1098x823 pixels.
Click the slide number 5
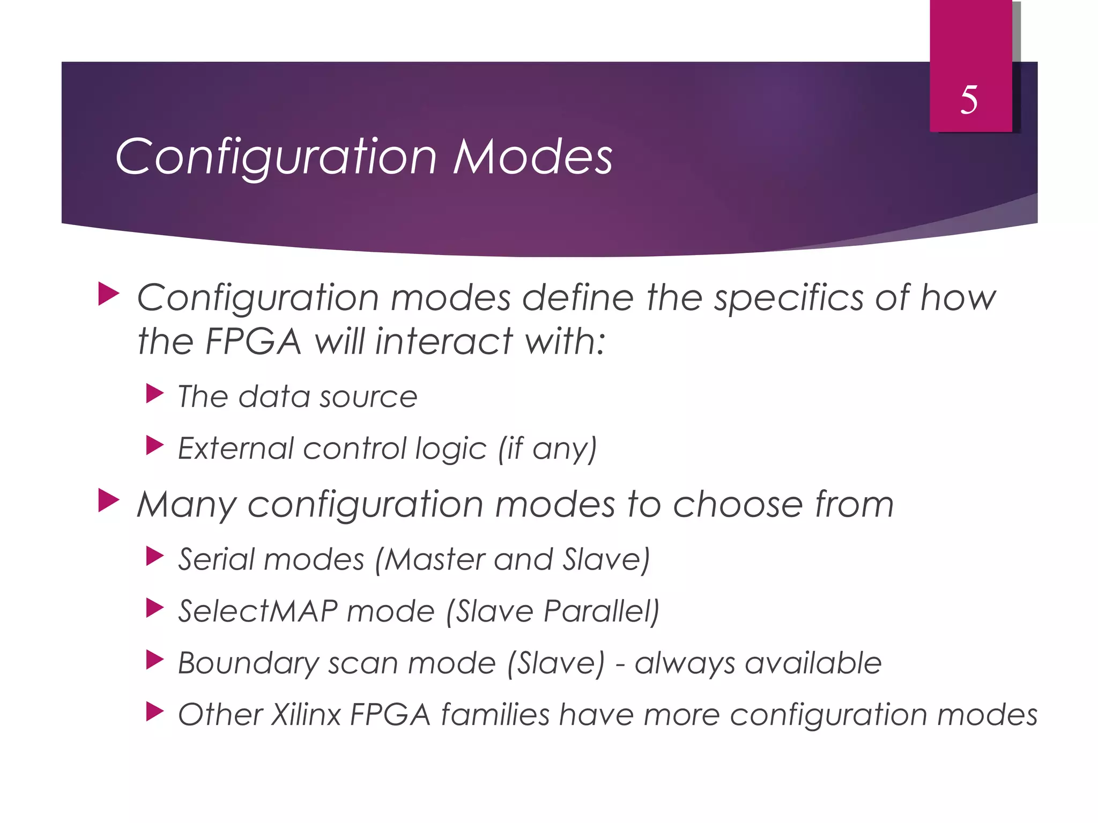pos(969,100)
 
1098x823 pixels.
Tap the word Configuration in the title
pos(276,158)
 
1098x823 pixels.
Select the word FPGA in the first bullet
pos(253,341)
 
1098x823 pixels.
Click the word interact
pos(443,341)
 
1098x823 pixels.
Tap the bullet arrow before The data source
pos(154,394)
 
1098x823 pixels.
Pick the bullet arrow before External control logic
pos(154,446)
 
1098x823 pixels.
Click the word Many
pos(186,505)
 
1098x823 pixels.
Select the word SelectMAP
pos(257,611)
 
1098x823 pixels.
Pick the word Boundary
pos(248,663)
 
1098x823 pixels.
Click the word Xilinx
pos(306,715)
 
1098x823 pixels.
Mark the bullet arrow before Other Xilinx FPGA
pos(154,712)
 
